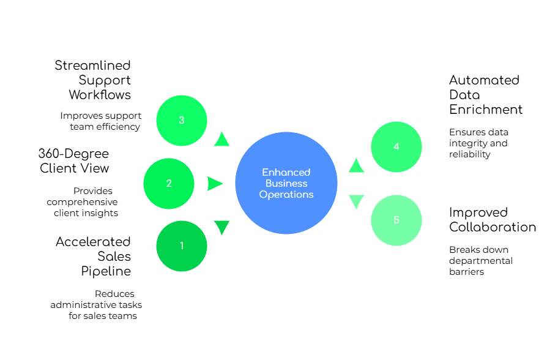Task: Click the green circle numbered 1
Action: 182,246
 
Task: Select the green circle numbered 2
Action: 169,184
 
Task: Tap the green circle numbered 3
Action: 182,121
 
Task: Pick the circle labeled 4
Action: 396,147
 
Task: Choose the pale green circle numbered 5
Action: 396,220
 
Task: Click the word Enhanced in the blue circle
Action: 286,172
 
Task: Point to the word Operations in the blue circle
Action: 286,195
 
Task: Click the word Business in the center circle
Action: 286,184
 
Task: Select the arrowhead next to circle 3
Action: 221,140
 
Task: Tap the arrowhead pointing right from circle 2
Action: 215,184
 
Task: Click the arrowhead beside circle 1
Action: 221,227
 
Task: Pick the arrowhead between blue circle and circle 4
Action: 356,166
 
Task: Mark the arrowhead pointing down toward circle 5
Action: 356,201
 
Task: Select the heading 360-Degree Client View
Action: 73,160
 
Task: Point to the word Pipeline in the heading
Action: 107,271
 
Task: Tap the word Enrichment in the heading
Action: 486,109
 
